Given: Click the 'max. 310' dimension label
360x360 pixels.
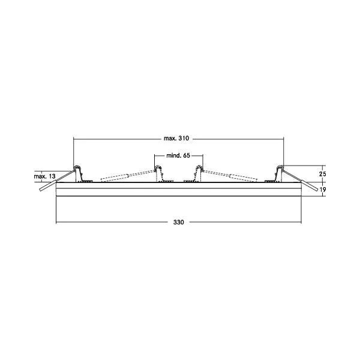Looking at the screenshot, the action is point(176,138).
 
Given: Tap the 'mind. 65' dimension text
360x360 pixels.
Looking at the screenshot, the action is point(178,155).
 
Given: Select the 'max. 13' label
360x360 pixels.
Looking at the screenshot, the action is point(44,176).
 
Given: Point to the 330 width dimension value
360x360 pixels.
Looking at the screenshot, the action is point(179,222).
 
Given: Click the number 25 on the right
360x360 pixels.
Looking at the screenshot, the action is point(322,174).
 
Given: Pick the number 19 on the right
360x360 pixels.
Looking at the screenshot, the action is point(323,190).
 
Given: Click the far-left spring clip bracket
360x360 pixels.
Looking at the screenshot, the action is point(82,174).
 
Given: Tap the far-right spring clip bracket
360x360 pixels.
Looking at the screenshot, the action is point(275,174).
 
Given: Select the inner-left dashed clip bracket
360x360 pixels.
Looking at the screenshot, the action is point(163,174).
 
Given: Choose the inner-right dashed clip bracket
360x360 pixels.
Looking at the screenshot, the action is point(194,174).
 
